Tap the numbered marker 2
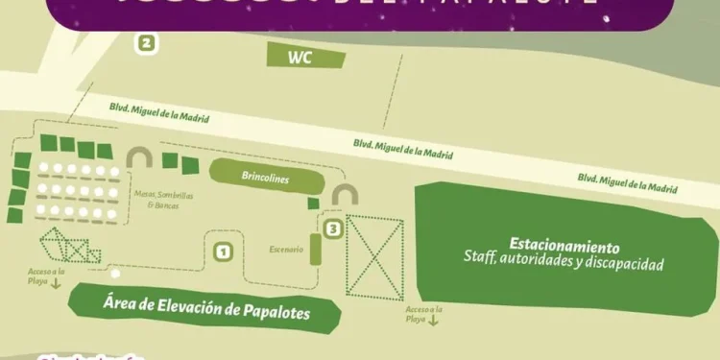146,43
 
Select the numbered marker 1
223,252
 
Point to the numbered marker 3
332,229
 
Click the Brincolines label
265,180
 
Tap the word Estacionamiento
564,246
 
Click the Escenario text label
286,250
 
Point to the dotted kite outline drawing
69,248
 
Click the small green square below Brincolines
313,204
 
